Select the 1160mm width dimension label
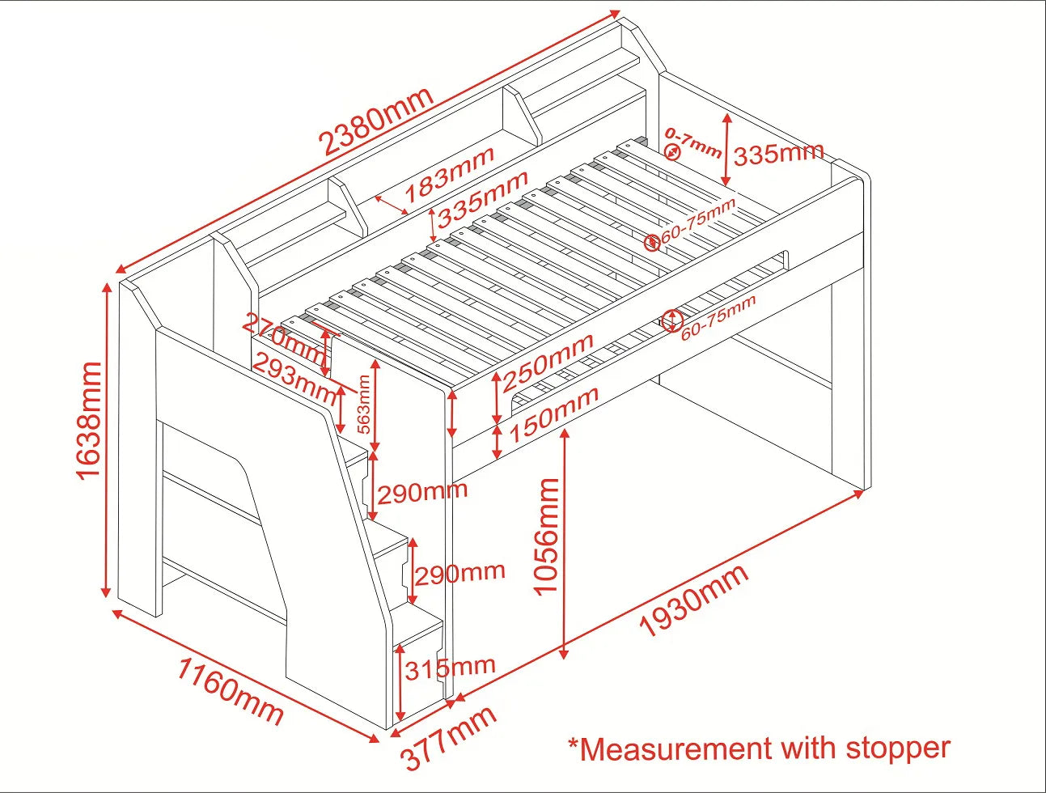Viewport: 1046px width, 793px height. coord(230,691)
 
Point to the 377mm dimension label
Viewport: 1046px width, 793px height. coord(448,738)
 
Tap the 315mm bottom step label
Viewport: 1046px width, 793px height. coord(450,668)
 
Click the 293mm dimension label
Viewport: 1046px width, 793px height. coord(294,379)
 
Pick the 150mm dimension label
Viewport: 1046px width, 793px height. coord(553,413)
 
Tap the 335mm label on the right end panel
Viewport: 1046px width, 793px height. coord(778,153)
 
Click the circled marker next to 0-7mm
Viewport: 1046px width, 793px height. coord(673,152)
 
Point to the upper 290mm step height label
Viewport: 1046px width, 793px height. coord(422,492)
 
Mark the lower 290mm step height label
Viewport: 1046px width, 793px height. coord(459,574)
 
